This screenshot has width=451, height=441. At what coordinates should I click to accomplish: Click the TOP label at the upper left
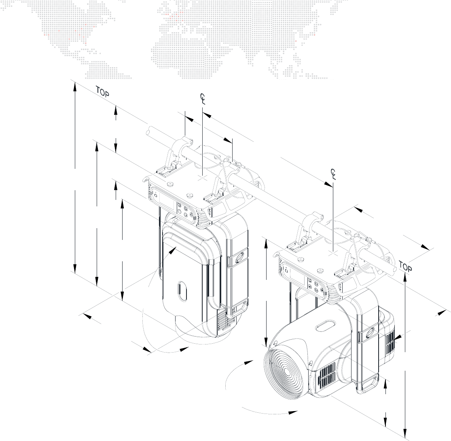(x=102, y=92)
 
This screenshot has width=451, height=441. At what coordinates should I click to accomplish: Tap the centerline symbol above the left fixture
(x=203, y=99)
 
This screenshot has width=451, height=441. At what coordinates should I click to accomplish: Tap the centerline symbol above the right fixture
(x=333, y=174)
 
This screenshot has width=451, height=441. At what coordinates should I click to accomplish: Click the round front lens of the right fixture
(x=286, y=373)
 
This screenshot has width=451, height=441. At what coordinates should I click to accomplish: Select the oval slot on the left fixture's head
(x=182, y=291)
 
